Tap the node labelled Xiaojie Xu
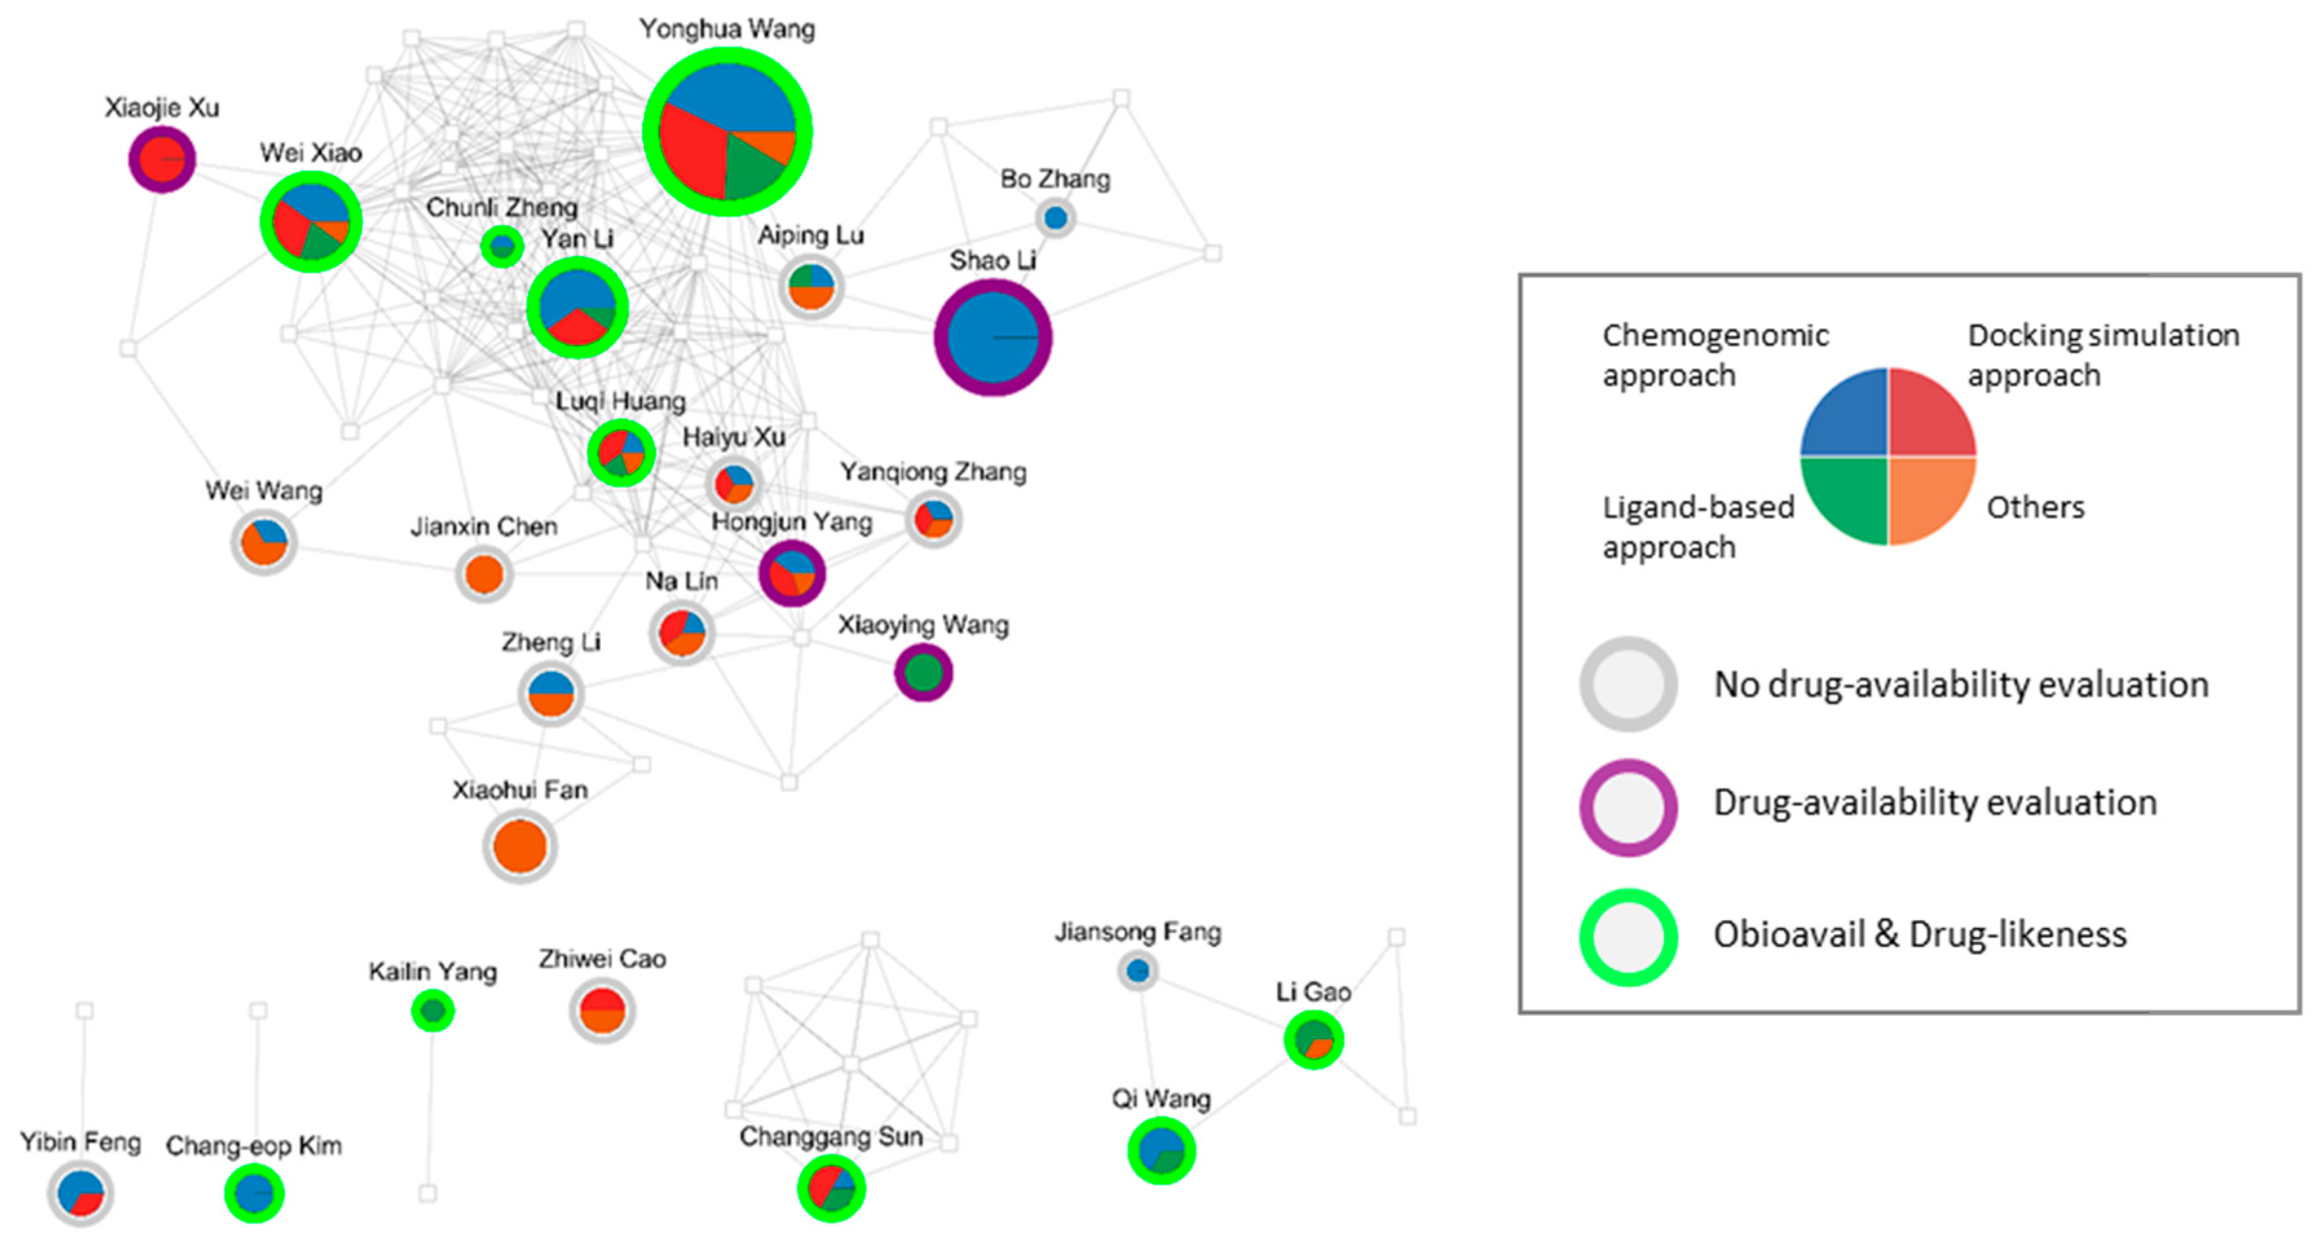(x=162, y=158)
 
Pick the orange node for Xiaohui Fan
(x=520, y=846)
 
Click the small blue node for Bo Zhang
(x=1055, y=218)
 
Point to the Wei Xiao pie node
(x=311, y=221)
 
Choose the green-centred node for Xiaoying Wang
(x=923, y=672)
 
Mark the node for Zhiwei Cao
(x=602, y=1010)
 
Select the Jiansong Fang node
(x=1138, y=971)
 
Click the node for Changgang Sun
(x=831, y=1188)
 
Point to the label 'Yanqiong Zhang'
(x=932, y=472)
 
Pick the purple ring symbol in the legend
(x=1628, y=807)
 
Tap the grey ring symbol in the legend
(x=1628, y=683)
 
